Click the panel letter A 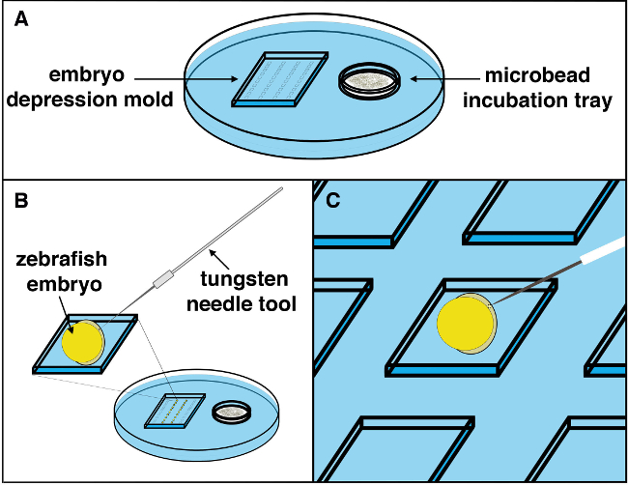tap(21, 19)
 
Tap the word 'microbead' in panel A tap(537, 75)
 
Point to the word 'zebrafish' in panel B tap(62, 259)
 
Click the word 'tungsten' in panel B tap(244, 279)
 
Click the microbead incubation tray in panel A tap(369, 81)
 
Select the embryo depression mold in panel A tap(280, 79)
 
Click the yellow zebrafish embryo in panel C tap(467, 324)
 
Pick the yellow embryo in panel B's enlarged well tap(83, 342)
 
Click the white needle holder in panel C tap(604, 250)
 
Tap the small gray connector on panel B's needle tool tap(162, 279)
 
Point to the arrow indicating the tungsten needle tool tap(220, 260)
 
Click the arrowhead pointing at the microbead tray tap(414, 79)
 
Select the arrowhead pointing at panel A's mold tap(235, 79)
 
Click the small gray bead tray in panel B tap(232, 413)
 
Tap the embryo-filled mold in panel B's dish tap(175, 412)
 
